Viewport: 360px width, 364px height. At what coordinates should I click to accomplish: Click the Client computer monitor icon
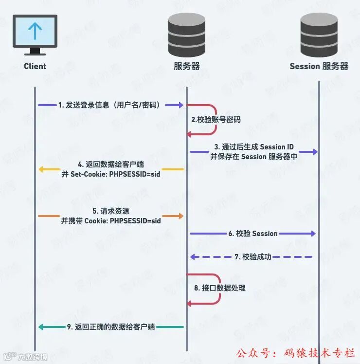click(x=35, y=33)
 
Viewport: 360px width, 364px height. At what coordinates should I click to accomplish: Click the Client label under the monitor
click(x=35, y=66)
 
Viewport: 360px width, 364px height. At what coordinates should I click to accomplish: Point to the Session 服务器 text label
click(x=319, y=66)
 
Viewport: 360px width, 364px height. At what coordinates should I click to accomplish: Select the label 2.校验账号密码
click(x=216, y=119)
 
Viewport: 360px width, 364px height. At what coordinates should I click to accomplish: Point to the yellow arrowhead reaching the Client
click(x=41, y=170)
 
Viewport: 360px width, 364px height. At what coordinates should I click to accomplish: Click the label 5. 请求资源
click(x=111, y=211)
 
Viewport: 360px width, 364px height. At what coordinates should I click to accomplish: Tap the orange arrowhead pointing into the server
click(x=180, y=215)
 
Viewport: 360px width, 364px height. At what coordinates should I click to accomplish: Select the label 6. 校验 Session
click(x=253, y=234)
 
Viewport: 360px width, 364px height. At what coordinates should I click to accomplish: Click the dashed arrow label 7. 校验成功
click(x=253, y=256)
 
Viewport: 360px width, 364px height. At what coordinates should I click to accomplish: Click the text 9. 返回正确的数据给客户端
click(x=111, y=327)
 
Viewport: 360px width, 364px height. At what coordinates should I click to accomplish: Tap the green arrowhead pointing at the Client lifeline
click(x=41, y=327)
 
